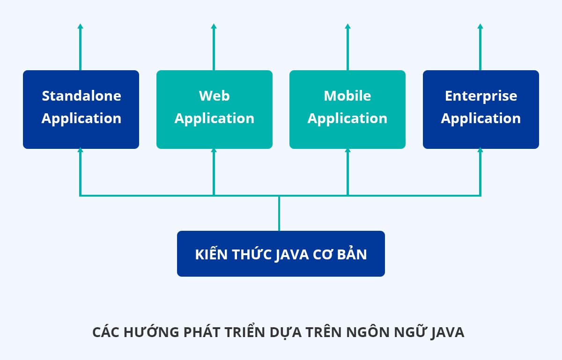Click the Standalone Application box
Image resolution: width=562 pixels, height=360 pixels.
(81, 110)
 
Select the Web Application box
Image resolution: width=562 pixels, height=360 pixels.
(214, 110)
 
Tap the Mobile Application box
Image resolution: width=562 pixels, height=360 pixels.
(348, 110)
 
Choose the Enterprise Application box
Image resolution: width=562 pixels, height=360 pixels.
(481, 110)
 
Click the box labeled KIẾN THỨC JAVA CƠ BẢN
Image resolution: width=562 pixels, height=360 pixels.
(281, 254)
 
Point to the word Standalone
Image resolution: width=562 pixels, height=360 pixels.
(81, 96)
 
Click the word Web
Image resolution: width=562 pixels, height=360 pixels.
(214, 96)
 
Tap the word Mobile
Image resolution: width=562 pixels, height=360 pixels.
(348, 96)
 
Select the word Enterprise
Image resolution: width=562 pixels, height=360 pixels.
(481, 96)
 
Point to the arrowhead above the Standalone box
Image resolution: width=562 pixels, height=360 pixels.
(81, 27)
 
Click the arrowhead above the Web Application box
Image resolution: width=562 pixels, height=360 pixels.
(214, 27)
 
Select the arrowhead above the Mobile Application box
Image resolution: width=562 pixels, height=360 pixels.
(348, 27)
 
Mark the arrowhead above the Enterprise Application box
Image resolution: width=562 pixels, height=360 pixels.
(481, 27)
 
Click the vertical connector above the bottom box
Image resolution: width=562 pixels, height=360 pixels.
(279, 213)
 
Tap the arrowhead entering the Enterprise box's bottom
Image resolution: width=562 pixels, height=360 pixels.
(481, 151)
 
